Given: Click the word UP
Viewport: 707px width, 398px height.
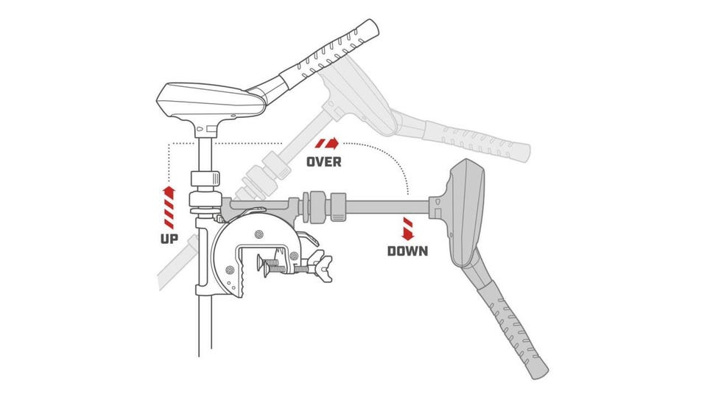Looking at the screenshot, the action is coord(169,239).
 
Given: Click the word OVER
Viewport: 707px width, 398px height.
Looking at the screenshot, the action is coord(324,161).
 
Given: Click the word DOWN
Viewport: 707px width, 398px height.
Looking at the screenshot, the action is coord(407,251).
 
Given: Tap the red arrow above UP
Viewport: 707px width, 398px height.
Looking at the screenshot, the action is coord(169,207).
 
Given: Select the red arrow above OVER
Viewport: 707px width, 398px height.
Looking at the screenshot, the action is coord(327,144).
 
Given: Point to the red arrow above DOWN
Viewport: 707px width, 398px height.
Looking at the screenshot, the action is coord(408,228).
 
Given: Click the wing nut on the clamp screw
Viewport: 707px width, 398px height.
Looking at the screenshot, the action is coord(324,269).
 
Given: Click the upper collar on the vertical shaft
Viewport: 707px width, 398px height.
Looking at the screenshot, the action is coord(205,178).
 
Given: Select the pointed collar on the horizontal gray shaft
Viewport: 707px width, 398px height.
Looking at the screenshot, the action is coord(339,207).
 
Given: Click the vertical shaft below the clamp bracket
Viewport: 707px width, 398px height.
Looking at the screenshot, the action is coord(205,326).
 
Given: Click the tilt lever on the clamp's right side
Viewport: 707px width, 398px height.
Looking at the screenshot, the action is coord(308,238).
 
